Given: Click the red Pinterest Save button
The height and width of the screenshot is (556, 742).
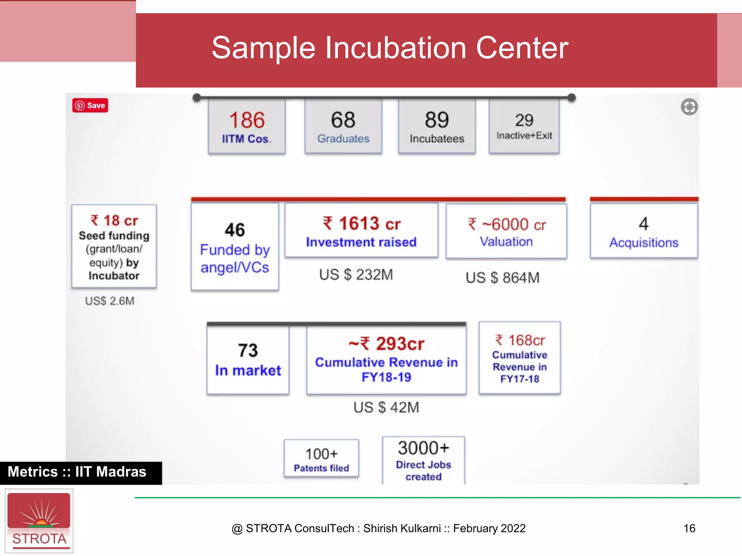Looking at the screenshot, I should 90,105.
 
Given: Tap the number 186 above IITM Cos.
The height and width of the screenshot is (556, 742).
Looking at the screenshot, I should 247,120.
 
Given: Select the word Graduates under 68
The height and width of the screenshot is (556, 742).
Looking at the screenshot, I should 343,139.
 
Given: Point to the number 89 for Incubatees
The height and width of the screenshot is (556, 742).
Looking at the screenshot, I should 437,120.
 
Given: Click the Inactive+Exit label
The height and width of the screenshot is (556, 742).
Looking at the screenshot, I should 524,135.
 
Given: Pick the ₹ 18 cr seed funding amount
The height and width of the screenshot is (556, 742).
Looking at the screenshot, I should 114,220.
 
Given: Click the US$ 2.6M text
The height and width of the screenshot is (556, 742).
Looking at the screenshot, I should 109,301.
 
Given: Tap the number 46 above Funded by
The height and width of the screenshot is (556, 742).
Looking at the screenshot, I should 235,230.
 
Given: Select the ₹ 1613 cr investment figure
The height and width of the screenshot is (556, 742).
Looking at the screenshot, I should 361,223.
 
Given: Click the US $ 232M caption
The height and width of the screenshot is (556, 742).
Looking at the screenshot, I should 356,275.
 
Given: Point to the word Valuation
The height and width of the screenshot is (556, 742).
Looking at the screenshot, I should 506,241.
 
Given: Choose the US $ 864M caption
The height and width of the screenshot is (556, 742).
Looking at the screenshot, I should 502,278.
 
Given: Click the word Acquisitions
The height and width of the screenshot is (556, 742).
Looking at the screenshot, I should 643,243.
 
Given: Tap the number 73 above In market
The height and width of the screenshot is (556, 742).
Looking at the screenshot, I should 248,350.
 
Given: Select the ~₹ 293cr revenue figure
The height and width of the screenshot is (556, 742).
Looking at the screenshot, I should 386,344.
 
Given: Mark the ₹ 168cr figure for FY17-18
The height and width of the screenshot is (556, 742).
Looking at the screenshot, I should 520,340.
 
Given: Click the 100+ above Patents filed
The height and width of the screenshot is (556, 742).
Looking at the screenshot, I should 321,454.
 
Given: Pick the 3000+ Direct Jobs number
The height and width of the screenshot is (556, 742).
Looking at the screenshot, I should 423,448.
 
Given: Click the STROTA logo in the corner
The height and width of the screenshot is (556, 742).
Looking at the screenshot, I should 39,521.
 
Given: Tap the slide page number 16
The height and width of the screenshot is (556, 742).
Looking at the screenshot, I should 689,528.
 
